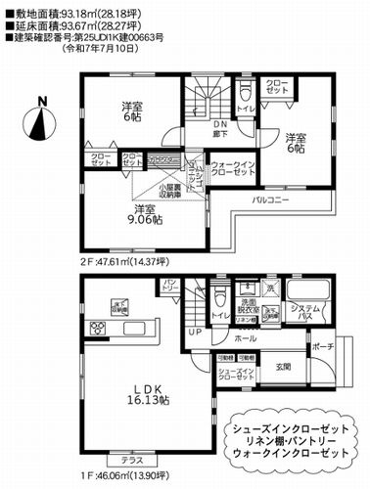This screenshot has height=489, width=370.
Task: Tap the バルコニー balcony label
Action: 270,198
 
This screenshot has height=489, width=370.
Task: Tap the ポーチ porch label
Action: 324,348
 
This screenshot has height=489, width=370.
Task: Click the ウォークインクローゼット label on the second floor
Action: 233,168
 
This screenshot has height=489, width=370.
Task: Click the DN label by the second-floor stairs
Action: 219,126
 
